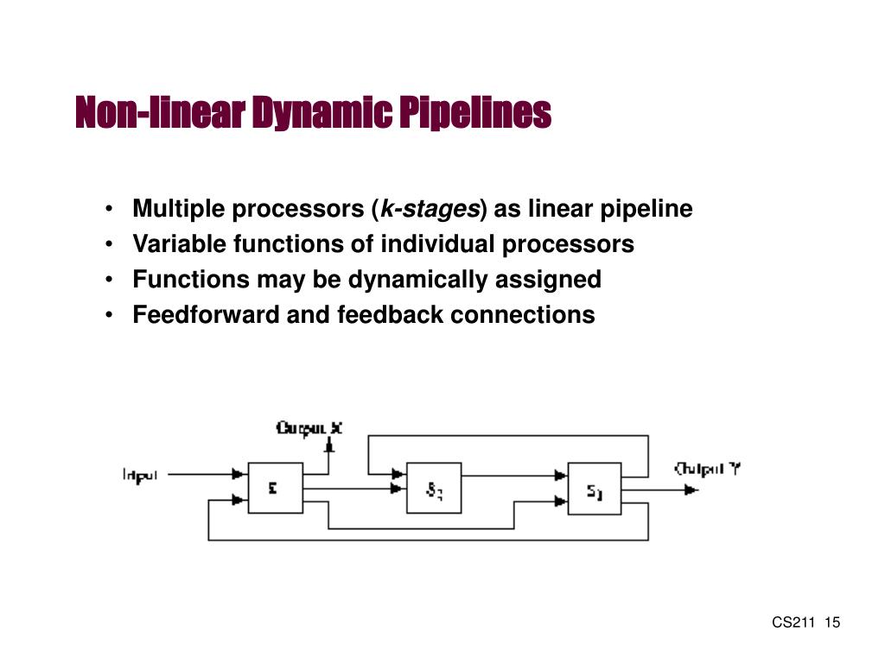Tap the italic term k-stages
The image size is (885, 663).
430,210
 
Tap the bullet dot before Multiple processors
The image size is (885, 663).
111,210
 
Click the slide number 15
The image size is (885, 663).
833,623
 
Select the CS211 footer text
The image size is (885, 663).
793,623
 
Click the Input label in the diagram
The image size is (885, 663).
140,474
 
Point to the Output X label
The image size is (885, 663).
309,427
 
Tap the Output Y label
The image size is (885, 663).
709,470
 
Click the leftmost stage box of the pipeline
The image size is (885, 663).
276,488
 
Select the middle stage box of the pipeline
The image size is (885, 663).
434,488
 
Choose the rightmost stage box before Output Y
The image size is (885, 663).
595,488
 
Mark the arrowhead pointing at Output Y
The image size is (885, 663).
691,489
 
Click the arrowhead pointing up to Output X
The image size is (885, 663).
328,445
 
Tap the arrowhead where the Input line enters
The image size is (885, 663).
238,474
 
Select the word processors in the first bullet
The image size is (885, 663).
307,210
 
